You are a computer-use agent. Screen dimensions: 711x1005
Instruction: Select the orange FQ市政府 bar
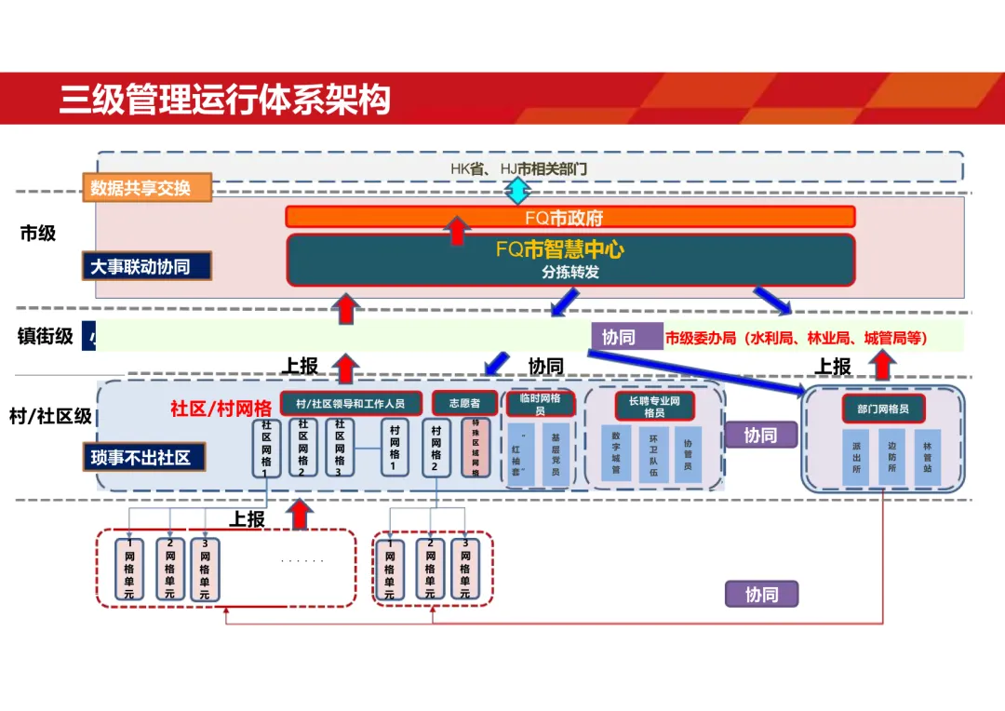pyautogui.click(x=569, y=217)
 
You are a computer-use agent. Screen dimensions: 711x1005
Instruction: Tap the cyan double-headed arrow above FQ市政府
pyautogui.click(x=517, y=191)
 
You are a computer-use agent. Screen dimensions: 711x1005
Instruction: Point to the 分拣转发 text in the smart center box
pyautogui.click(x=570, y=273)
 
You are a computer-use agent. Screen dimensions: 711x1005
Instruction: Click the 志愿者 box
pyautogui.click(x=464, y=403)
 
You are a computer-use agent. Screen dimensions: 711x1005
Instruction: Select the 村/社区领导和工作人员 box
pyautogui.click(x=351, y=404)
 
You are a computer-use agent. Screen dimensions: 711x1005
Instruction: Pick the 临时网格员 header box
pyautogui.click(x=540, y=404)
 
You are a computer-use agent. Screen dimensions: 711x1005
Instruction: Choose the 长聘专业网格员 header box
pyautogui.click(x=654, y=406)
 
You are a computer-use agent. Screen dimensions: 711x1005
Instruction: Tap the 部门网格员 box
pyautogui.click(x=883, y=409)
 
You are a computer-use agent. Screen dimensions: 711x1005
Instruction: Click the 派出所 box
pyautogui.click(x=855, y=457)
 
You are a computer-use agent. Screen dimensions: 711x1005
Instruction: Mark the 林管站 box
pyautogui.click(x=927, y=457)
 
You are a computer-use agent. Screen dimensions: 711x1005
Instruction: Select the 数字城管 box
pyautogui.click(x=615, y=452)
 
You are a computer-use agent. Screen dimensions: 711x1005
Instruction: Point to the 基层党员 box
pyautogui.click(x=555, y=453)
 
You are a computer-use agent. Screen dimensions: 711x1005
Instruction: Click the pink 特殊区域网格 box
pyautogui.click(x=476, y=448)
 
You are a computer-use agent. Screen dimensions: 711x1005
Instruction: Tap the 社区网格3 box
pyautogui.click(x=340, y=447)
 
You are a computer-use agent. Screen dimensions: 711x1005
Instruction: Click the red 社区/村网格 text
pyautogui.click(x=221, y=408)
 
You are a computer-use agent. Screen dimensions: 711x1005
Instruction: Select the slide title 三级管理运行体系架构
pyautogui.click(x=224, y=99)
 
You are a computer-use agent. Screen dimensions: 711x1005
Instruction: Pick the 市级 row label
pyautogui.click(x=38, y=234)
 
